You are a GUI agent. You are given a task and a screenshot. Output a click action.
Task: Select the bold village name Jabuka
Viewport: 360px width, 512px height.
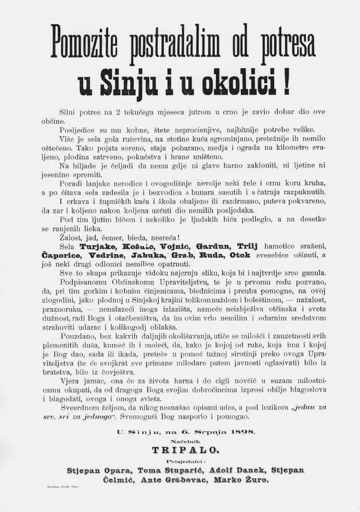pyautogui.click(x=149, y=255)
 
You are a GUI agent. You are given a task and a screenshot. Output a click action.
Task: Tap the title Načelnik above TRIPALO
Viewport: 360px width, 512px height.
pyautogui.click(x=180, y=438)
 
